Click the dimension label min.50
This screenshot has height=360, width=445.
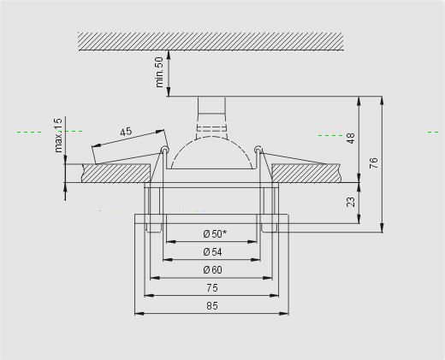click(160, 73)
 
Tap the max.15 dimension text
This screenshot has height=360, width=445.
click(58, 135)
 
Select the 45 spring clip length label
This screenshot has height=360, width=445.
click(126, 132)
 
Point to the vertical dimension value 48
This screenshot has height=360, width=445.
click(351, 139)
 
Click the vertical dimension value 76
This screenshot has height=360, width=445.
click(374, 162)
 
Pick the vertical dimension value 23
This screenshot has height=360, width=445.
click(351, 202)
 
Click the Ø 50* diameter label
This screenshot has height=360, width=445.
click(216, 234)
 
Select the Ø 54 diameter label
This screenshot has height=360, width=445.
click(212, 252)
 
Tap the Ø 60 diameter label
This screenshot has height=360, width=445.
click(212, 269)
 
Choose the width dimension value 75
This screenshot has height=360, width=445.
click(212, 288)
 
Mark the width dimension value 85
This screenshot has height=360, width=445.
click(212, 306)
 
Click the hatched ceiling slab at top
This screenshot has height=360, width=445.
click(211, 41)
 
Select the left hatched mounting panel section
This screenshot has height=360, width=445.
click(116, 174)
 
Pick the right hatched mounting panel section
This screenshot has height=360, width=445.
click(306, 174)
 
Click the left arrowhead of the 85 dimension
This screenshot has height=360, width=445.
click(139, 314)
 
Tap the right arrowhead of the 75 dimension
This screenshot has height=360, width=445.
click(274, 296)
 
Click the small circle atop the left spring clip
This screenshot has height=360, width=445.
click(164, 149)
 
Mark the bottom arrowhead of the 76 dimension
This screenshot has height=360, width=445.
click(383, 228)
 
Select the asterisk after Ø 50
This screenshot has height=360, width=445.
click(225, 232)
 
